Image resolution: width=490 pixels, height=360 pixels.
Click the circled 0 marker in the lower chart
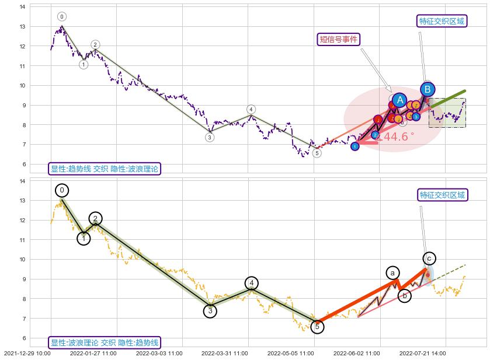62,190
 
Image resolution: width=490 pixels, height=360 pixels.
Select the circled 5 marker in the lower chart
317,327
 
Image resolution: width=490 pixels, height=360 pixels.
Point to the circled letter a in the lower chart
393,273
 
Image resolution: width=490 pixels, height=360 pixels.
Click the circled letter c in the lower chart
429,258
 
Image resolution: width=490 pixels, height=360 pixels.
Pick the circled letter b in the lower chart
404,296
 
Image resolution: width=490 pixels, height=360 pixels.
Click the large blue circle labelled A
399,100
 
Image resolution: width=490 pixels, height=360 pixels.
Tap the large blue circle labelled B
428,89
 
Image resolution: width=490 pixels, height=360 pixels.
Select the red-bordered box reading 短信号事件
338,40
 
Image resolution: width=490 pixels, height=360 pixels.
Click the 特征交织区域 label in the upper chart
442,22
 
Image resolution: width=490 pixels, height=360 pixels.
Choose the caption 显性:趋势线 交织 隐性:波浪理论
104,169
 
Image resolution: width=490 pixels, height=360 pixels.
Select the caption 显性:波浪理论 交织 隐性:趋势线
104,342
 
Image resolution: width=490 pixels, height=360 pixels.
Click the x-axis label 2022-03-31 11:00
225,354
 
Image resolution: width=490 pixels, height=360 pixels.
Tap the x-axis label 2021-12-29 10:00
27,354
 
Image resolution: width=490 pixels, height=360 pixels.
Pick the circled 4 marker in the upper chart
251,109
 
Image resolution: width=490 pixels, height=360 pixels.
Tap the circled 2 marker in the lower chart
96,219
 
